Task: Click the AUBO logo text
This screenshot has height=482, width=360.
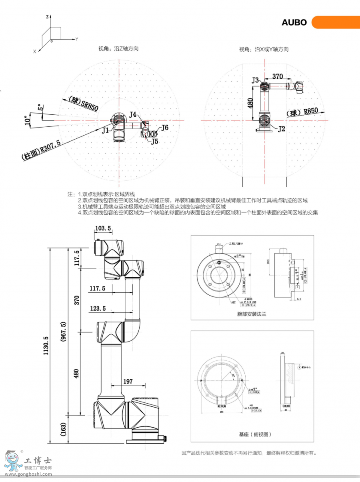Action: (x=294, y=22)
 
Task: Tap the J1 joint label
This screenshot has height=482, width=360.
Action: (x=105, y=130)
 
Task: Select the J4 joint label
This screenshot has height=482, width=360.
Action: (x=133, y=115)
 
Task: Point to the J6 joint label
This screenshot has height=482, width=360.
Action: (x=164, y=128)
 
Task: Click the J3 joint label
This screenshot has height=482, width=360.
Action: (x=255, y=80)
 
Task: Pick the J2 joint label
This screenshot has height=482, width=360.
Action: (x=281, y=129)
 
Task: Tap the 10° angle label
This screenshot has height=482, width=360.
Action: (x=27, y=120)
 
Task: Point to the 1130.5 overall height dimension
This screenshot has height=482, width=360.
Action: (x=46, y=346)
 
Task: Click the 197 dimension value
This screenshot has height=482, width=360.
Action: (x=128, y=382)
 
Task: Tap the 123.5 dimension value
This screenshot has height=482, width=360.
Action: (x=98, y=308)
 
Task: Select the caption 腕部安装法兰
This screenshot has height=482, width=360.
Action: (x=252, y=314)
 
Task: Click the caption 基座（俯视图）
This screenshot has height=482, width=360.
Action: (x=255, y=434)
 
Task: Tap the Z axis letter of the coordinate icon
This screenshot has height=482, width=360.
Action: (x=47, y=17)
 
